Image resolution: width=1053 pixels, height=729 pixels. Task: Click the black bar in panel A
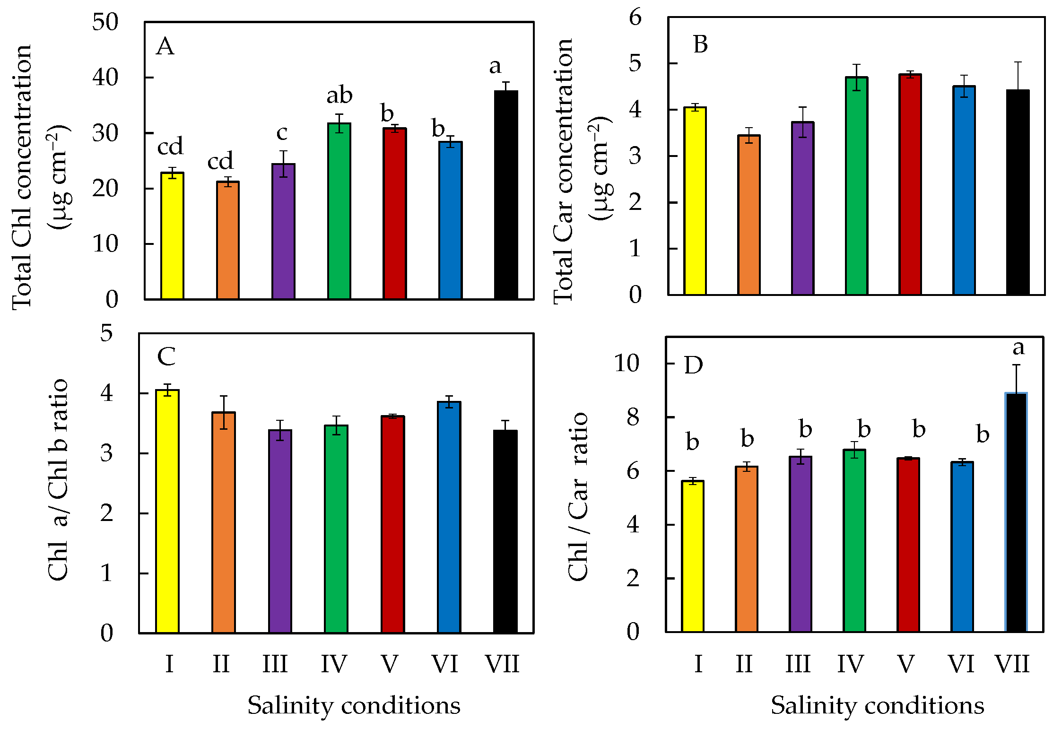[506, 195]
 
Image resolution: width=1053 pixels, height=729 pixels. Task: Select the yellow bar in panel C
[167, 511]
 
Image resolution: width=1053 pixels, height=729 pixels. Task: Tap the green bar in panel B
[857, 186]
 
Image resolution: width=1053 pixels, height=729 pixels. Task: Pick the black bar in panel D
[1016, 512]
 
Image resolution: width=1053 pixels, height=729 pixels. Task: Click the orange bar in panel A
[228, 241]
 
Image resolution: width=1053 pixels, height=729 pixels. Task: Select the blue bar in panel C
[449, 517]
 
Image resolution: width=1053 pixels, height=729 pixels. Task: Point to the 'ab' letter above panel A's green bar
[339, 95]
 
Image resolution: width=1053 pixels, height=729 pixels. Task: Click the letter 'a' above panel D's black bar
[1018, 348]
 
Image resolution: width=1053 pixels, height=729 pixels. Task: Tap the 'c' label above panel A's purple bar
[282, 133]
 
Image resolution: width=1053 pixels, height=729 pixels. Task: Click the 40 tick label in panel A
[105, 78]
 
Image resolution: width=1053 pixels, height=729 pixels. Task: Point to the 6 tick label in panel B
[635, 17]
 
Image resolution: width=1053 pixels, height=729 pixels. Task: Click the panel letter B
[700, 44]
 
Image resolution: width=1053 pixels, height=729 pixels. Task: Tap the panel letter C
[166, 357]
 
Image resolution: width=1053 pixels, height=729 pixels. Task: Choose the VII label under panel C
[503, 664]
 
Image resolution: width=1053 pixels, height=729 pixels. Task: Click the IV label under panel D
[851, 664]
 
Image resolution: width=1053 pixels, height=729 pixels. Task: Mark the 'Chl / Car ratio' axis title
[578, 496]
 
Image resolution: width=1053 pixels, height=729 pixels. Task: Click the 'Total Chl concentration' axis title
[22, 178]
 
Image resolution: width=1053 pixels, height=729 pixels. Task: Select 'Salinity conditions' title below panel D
[878, 705]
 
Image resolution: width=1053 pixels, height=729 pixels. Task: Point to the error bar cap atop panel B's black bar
[1018, 62]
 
